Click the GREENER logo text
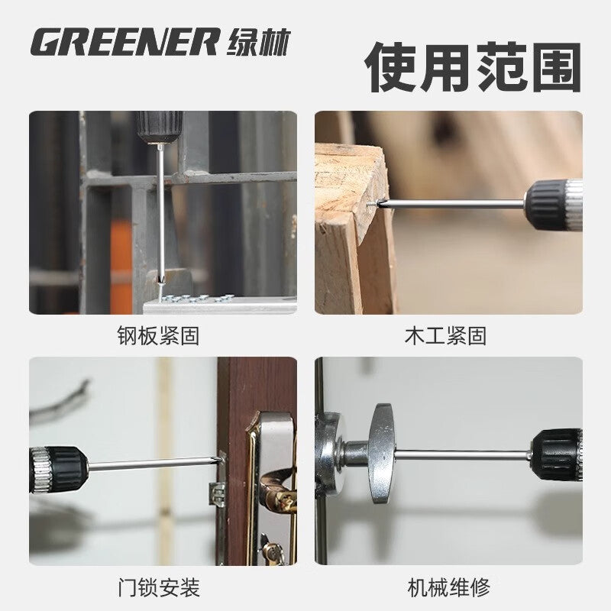124,41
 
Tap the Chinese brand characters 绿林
258,42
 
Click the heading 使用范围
473,67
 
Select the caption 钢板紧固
158,335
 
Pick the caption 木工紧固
445,335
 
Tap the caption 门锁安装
159,588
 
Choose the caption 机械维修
448,588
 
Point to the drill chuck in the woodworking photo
553,204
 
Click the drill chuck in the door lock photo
59,469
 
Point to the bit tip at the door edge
220,460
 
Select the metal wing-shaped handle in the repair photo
382,453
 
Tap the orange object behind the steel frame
121,265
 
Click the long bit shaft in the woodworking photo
453,203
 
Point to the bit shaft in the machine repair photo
463,454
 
